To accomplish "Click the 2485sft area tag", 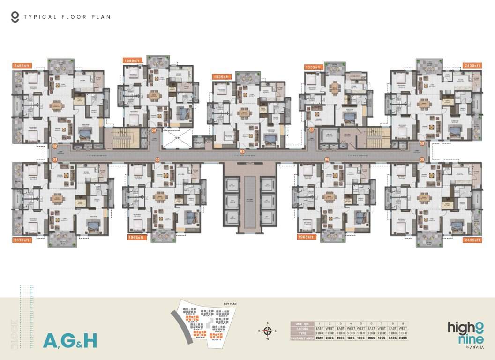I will click(22, 66).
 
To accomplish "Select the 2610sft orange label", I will click(22, 240).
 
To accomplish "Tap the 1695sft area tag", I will click(132, 60).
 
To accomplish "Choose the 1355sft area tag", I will click(313, 67).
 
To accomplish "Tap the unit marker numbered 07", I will click(311, 130).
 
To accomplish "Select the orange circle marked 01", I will click(55, 160).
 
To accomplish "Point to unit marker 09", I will click(422, 143).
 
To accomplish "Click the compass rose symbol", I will click(268, 331).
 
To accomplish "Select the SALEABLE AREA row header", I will click(302, 338).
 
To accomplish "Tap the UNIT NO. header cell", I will click(302, 324).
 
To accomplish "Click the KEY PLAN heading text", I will click(230, 304).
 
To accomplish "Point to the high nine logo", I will click(465, 331).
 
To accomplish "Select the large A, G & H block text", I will click(70, 340).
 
